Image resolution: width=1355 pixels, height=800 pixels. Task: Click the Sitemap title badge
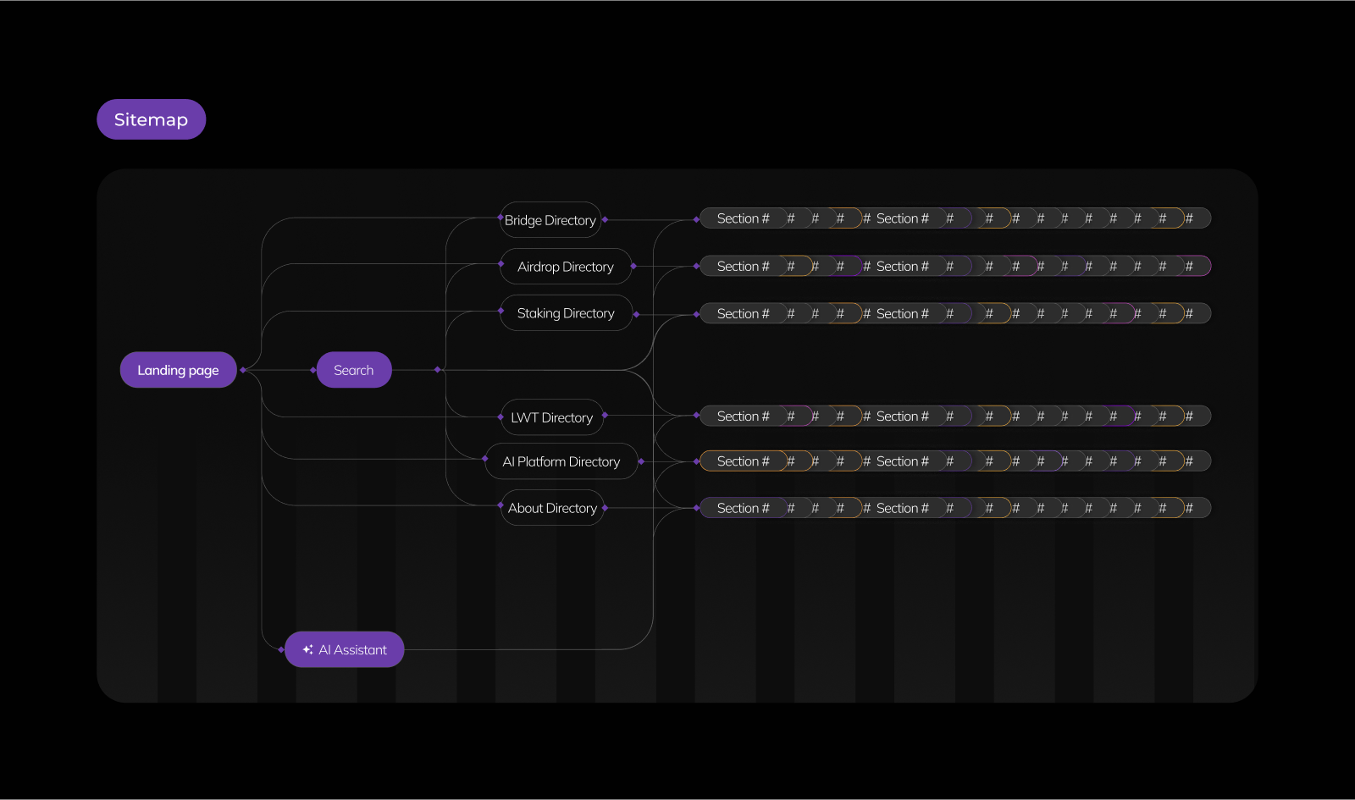151,119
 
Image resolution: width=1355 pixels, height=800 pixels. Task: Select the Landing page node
178,370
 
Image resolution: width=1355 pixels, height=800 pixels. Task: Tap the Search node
353,370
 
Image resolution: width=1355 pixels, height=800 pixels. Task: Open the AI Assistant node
345,649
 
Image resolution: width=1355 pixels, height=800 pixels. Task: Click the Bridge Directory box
550,220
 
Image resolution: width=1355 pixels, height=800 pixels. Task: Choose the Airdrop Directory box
566,267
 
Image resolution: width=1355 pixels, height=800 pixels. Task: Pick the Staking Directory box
566,313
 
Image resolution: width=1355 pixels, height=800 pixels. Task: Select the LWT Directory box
552,417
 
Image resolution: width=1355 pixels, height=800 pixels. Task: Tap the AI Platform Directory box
561,461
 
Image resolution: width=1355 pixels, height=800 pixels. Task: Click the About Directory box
552,508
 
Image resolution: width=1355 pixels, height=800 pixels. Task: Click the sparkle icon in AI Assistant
307,649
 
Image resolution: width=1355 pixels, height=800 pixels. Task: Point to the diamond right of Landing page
243,370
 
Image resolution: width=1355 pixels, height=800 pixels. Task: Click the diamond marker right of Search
437,370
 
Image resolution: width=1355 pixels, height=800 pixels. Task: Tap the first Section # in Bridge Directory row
743,218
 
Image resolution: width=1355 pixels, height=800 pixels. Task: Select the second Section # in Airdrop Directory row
902,266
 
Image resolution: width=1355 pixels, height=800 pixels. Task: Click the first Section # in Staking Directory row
743,313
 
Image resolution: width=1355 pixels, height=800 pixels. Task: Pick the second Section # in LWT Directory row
902,416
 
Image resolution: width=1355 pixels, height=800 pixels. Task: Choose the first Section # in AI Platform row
743,461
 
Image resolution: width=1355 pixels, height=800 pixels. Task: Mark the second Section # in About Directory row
902,508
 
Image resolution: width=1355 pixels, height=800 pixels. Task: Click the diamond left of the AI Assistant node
281,649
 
